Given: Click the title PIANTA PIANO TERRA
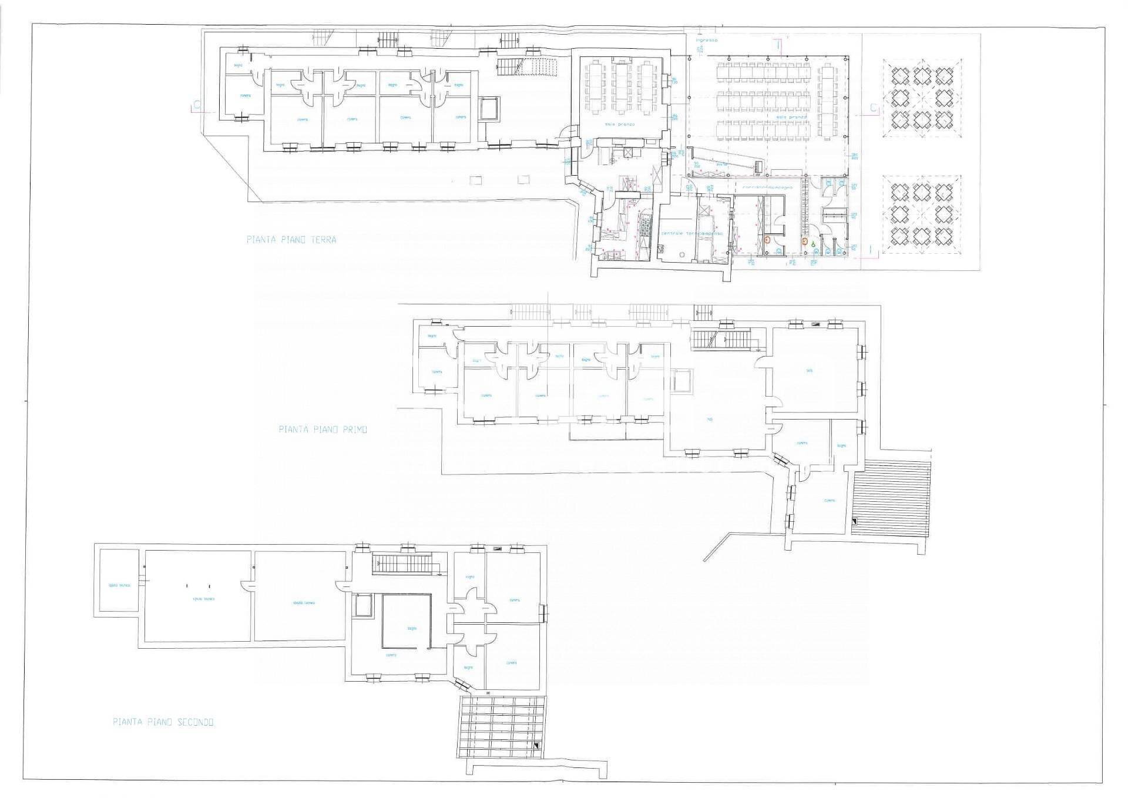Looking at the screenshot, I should pyautogui.click(x=291, y=240).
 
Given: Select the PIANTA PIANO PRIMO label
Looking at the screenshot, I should pyautogui.click(x=323, y=430).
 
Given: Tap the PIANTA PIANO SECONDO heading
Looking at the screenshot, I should pyautogui.click(x=163, y=722).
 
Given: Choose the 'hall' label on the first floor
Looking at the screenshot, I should pyautogui.click(x=710, y=420).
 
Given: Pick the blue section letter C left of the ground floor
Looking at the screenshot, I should pyautogui.click(x=196, y=106).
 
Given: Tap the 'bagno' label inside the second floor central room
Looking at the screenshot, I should pyautogui.click(x=412, y=628).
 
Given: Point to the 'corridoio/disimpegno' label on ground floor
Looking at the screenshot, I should pyautogui.click(x=767, y=187).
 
